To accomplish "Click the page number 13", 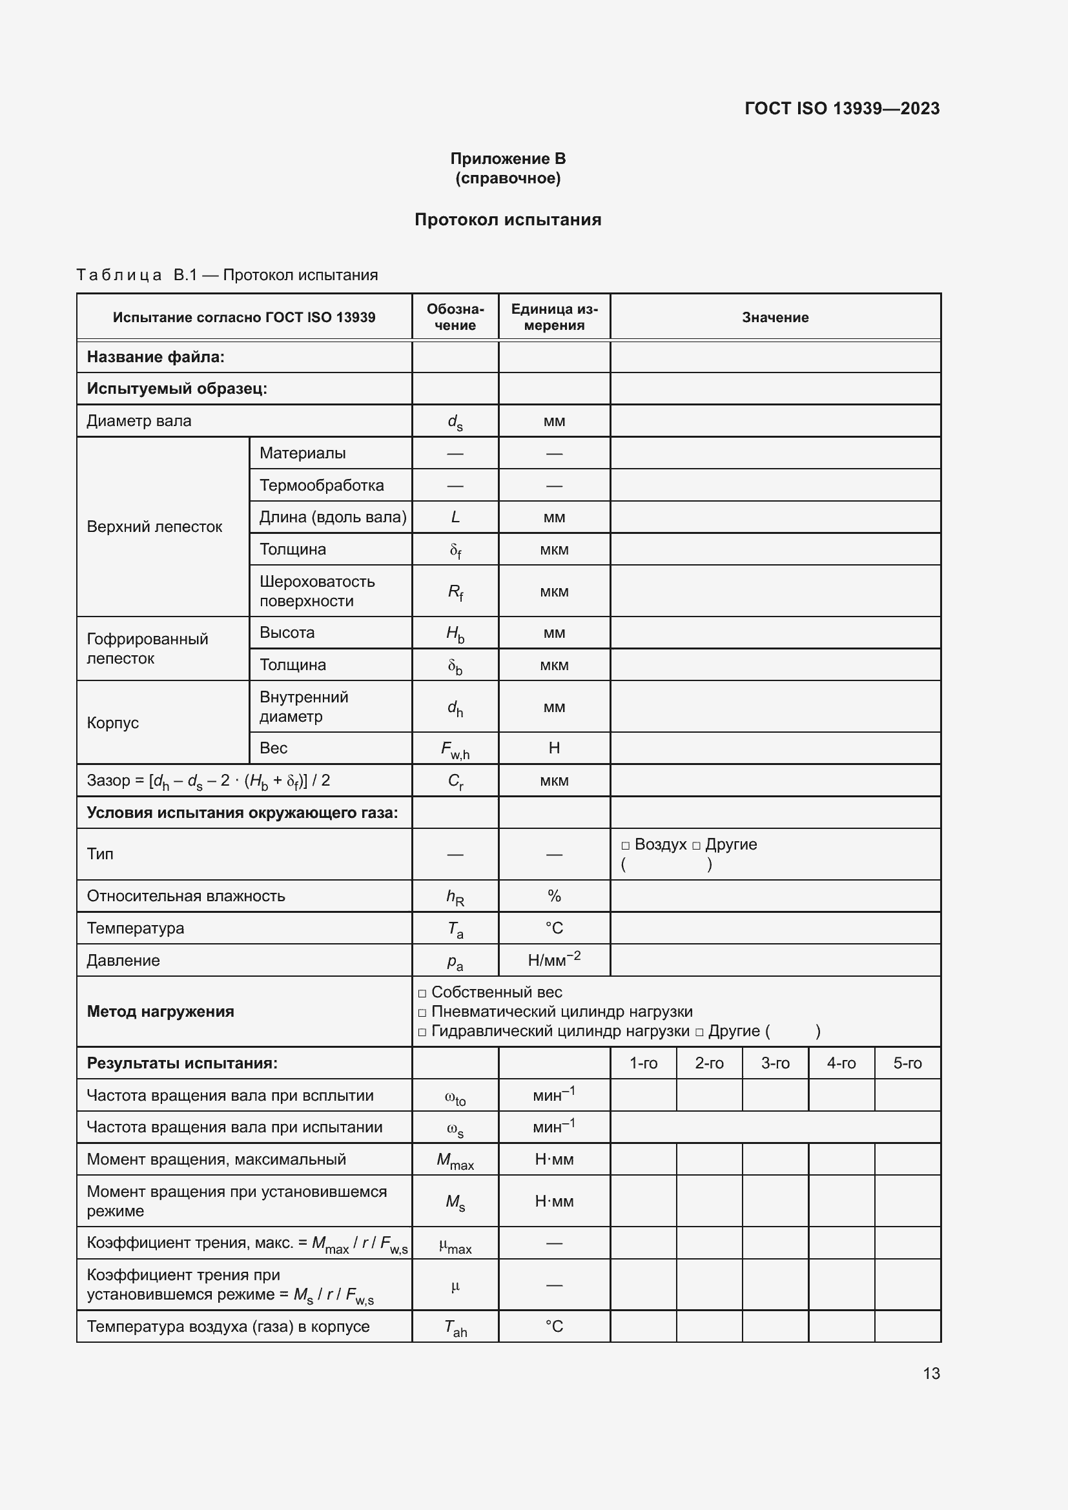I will click(x=931, y=1373).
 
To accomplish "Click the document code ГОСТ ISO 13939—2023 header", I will click(x=842, y=108).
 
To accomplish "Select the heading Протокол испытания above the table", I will click(x=508, y=219).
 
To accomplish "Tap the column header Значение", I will click(x=775, y=317).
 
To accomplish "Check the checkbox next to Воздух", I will click(x=626, y=846).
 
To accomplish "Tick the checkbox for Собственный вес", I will click(x=422, y=993).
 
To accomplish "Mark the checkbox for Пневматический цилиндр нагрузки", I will click(x=422, y=1013).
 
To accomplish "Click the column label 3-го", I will click(x=775, y=1063).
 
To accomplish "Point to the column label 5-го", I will click(x=907, y=1063).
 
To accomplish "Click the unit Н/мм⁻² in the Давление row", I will click(x=554, y=959).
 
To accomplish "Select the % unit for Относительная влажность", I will click(x=554, y=896).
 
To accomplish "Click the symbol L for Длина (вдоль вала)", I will click(x=455, y=517).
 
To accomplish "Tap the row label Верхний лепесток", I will click(x=154, y=527).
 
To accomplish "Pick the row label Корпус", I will click(x=113, y=723).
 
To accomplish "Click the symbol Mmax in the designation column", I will click(x=455, y=1161).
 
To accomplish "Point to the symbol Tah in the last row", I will click(x=455, y=1328).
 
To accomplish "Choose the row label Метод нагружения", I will click(x=161, y=1012).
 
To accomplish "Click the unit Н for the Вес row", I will click(x=554, y=748).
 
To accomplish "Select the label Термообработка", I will click(x=322, y=485).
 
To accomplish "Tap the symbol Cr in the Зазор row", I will click(x=455, y=781).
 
